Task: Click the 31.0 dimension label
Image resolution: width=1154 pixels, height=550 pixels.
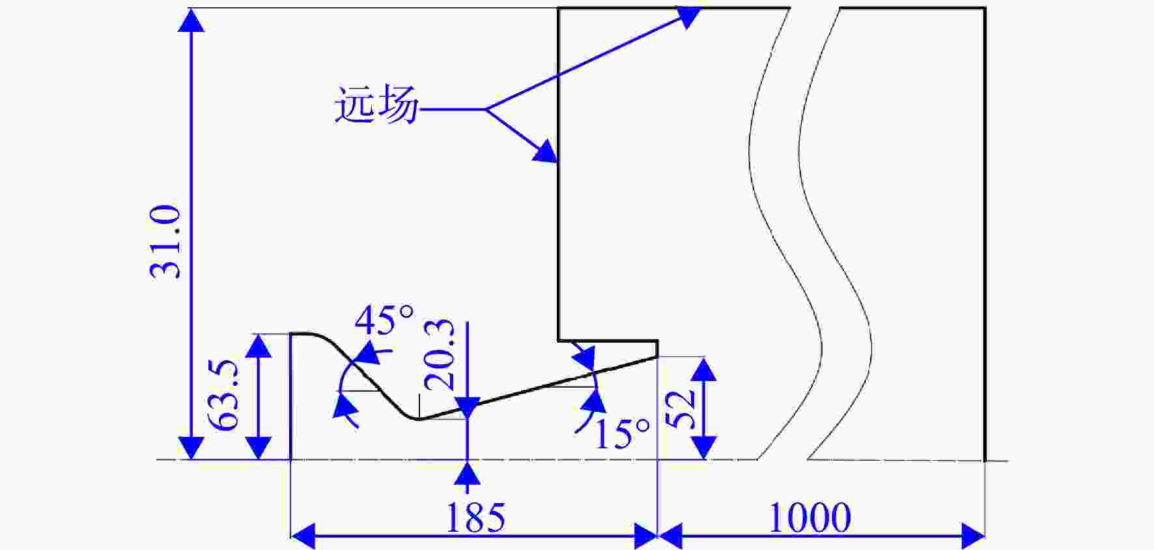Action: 165,242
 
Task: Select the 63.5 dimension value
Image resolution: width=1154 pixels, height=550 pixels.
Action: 227,396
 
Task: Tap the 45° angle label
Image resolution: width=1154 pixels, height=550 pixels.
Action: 384,319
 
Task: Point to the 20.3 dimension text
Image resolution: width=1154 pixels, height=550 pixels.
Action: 440,355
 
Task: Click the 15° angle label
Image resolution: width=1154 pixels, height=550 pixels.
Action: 623,433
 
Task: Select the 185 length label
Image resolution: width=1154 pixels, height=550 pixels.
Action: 475,518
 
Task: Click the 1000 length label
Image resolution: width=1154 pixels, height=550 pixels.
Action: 809,518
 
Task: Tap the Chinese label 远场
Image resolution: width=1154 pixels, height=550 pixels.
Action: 376,105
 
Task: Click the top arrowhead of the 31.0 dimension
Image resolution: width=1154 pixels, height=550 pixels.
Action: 191,20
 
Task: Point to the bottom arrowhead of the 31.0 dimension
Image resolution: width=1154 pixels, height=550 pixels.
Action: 191,448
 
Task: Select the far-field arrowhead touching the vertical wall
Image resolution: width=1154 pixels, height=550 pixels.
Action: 545,152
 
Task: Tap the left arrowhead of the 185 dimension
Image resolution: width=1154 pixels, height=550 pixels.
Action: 302,536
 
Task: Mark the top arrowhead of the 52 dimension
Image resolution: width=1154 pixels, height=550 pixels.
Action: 703,369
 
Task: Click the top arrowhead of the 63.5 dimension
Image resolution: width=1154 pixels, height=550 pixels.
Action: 259,345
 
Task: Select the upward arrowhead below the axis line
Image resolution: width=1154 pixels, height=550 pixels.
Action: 467,472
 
